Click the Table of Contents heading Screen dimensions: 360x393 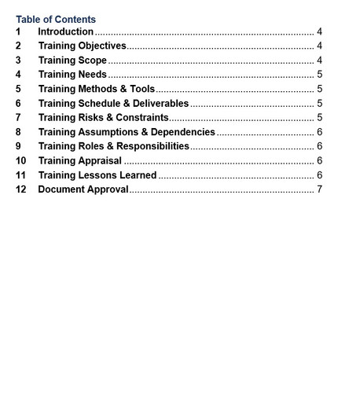56,19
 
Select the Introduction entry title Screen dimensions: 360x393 66,32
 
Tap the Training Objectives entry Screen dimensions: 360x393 82,46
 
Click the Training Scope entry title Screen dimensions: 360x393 72,61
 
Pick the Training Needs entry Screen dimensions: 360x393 72,75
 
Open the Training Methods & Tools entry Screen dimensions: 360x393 97,89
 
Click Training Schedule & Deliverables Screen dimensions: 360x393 113,103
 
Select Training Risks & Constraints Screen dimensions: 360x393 103,117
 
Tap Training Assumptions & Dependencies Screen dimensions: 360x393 127,132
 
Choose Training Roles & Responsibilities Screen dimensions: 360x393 114,146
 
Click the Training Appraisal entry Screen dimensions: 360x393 79,160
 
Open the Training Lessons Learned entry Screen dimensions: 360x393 97,174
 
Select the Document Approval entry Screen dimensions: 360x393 83,189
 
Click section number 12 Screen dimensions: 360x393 21,189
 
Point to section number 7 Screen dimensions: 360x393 18,117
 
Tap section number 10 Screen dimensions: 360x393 21,160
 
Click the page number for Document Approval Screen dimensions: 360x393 320,189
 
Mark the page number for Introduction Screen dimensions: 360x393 320,32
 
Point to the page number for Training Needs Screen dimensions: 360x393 320,75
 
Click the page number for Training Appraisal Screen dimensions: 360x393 320,160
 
